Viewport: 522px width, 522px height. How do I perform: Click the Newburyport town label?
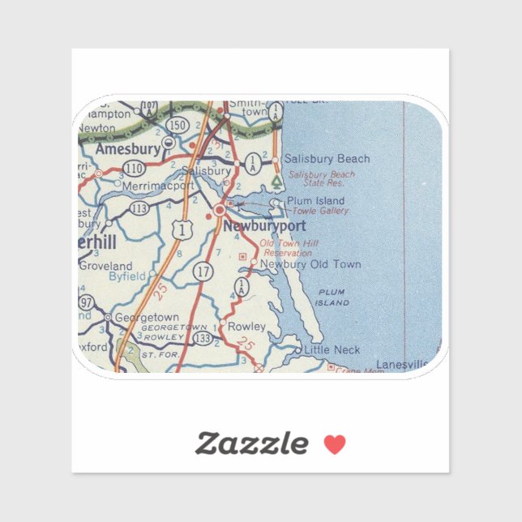[265, 226]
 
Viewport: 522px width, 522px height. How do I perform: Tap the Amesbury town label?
[126, 150]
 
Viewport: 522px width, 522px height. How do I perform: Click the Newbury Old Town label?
[310, 264]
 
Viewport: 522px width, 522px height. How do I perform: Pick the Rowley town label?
[246, 326]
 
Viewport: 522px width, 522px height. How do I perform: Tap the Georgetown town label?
[146, 318]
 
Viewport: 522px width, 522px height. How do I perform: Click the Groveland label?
[106, 265]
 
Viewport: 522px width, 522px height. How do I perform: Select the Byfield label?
[127, 276]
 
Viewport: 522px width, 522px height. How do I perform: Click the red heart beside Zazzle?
[335, 443]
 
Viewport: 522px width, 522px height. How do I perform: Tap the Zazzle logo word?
[251, 443]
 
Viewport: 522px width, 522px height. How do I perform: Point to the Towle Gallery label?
[322, 211]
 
